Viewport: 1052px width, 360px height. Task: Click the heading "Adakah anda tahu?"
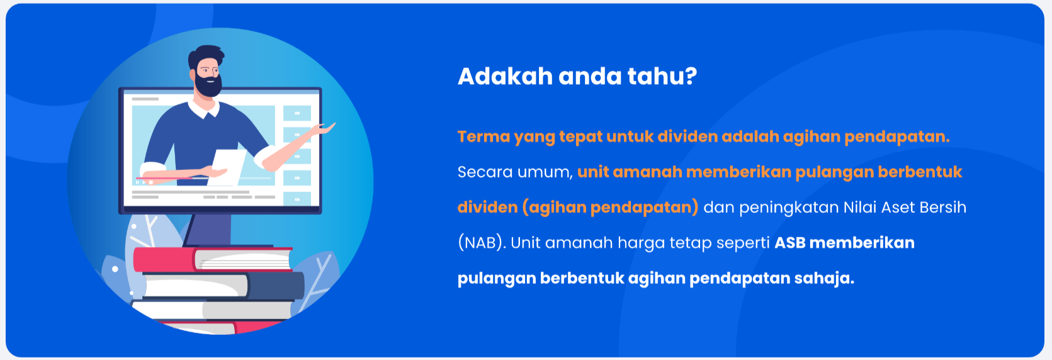pos(577,76)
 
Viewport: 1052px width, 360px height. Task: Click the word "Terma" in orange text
pos(484,137)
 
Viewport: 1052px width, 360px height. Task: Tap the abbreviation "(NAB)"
pos(482,243)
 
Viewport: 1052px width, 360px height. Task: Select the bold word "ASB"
pos(789,243)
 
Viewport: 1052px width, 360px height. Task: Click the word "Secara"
pos(484,172)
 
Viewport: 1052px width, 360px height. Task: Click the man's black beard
pos(208,84)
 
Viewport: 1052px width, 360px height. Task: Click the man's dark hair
pos(205,55)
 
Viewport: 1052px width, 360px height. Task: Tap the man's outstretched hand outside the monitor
pos(324,128)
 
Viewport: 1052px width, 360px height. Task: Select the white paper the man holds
pos(228,167)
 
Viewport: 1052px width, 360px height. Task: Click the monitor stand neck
pos(207,230)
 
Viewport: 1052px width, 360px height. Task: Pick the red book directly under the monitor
pos(212,259)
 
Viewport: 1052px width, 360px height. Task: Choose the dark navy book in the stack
pos(276,286)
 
